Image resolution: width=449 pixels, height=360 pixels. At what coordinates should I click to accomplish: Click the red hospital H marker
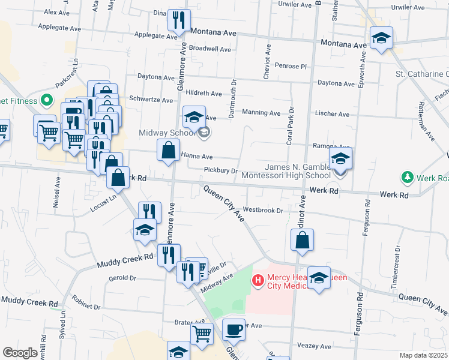(x=258, y=280)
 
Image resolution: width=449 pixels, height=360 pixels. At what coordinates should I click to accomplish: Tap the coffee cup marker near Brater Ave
(x=234, y=329)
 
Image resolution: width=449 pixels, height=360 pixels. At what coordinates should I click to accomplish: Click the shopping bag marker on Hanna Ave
(x=169, y=151)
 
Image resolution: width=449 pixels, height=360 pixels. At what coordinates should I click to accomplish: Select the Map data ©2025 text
(x=423, y=355)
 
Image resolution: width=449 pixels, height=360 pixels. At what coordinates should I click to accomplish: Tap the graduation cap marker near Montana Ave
(x=381, y=38)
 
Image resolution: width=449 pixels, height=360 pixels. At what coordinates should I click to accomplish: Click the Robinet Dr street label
(x=85, y=305)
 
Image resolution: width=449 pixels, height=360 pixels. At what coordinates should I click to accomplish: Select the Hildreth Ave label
(x=204, y=94)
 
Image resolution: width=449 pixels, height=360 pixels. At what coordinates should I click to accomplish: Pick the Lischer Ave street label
(x=331, y=114)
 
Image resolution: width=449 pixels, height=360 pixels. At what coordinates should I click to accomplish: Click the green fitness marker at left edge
(x=45, y=101)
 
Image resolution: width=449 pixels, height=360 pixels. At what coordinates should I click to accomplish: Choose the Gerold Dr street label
(x=123, y=278)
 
